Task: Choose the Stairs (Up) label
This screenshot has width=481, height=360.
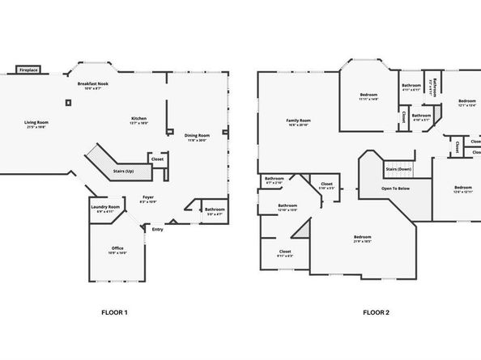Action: coord(123,172)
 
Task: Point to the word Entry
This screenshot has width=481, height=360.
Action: coord(158,229)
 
